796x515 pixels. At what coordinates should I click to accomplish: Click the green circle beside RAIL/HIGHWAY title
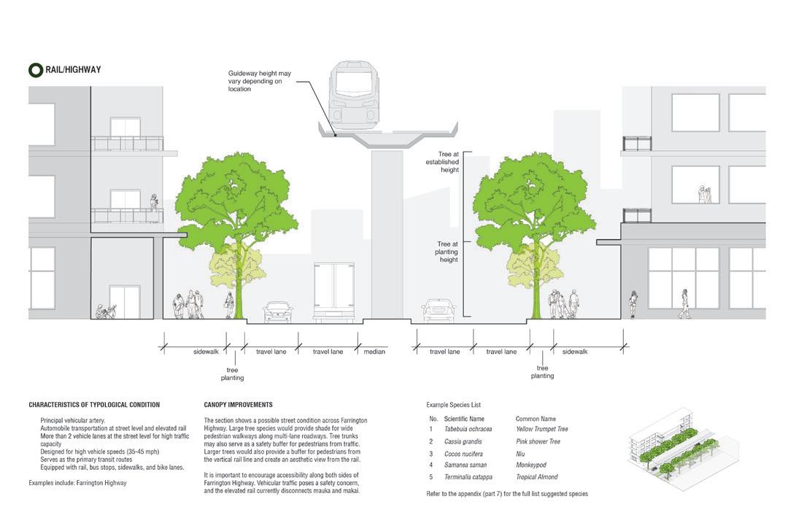tap(35, 70)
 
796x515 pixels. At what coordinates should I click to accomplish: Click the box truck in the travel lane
tap(333, 291)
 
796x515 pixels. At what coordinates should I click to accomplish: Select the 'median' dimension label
tap(374, 352)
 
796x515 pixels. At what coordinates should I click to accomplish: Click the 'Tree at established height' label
tap(444, 162)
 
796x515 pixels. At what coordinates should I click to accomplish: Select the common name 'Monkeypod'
tap(530, 465)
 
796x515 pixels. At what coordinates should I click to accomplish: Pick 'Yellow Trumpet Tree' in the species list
tap(541, 430)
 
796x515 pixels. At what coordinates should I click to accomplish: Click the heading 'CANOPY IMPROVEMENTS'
tap(239, 405)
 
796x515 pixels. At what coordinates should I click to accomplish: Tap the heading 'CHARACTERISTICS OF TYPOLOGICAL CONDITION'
tap(94, 405)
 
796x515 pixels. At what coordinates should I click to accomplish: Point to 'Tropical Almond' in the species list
tap(536, 477)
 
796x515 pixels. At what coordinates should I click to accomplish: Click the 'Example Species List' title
tap(453, 405)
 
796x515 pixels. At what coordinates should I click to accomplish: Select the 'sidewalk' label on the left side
tap(206, 352)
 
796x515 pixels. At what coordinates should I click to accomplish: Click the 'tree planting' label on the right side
tap(542, 372)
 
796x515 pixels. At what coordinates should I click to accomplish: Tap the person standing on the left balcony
tap(153, 202)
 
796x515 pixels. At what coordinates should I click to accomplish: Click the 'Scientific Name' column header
tap(464, 419)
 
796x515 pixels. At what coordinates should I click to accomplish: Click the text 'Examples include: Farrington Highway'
tap(78, 484)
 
